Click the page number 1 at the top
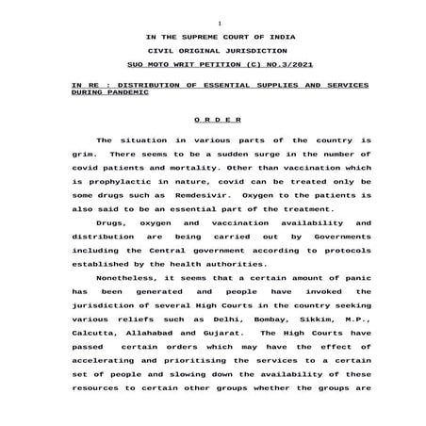click(x=218, y=22)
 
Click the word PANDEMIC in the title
click(x=121, y=94)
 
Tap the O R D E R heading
click(x=217, y=121)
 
